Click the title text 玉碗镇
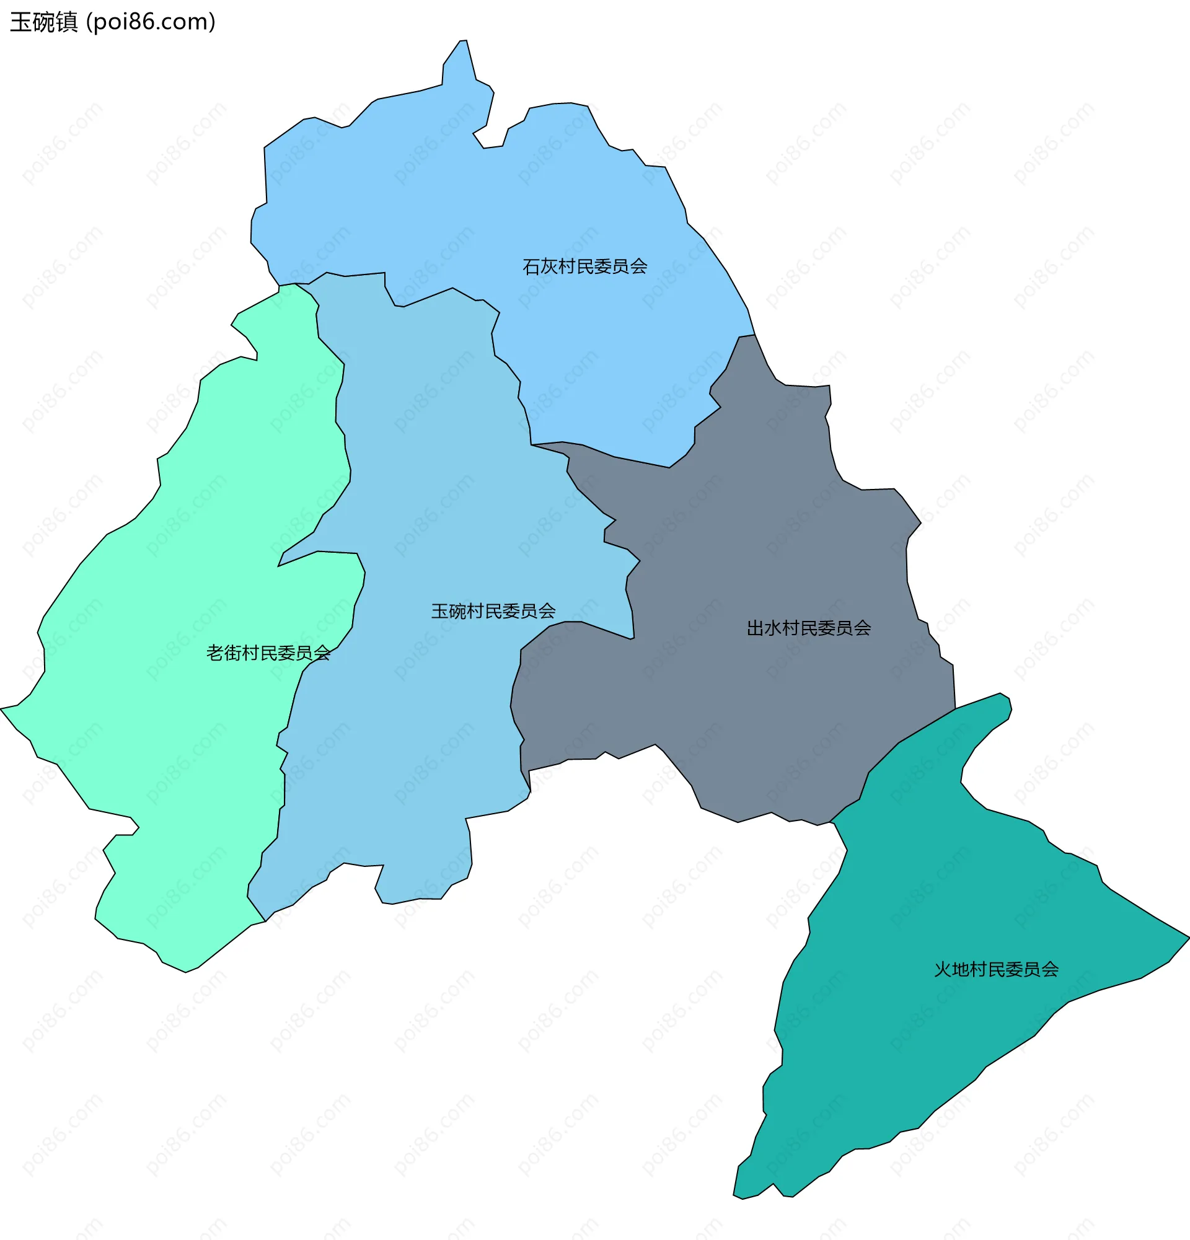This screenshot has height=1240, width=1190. [43, 22]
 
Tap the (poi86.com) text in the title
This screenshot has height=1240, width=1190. [151, 22]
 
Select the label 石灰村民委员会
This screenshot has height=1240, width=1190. [584, 266]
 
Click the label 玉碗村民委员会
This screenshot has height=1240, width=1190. [493, 611]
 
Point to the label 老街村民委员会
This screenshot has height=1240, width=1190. [268, 653]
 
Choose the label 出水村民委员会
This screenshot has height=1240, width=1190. [808, 628]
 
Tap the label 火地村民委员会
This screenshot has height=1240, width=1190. [997, 970]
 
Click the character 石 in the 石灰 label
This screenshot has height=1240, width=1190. [531, 266]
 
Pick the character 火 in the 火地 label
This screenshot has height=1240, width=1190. [943, 970]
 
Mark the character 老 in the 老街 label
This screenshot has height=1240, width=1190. [215, 653]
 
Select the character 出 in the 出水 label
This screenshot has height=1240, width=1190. [756, 628]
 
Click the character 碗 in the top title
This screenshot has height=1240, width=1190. [43, 22]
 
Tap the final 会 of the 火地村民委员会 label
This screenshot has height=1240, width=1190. [1050, 970]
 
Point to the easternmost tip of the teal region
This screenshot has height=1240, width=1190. [1186, 938]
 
